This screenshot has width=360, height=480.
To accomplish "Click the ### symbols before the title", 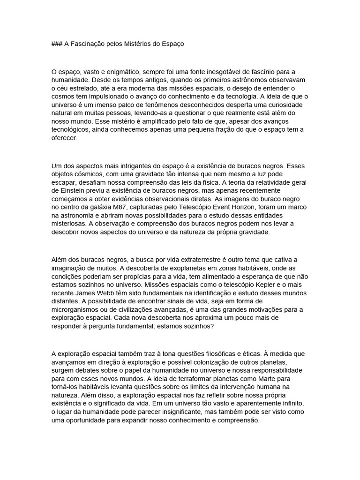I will (58, 44).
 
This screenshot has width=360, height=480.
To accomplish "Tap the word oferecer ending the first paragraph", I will (64, 139).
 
